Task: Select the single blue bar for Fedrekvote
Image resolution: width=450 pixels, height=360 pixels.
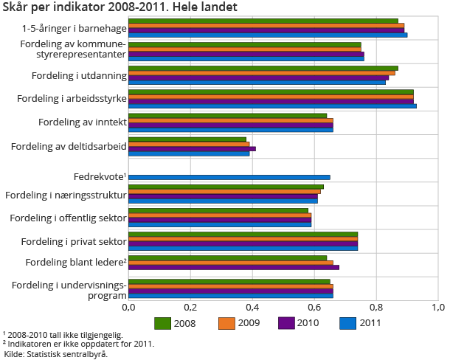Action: tap(229, 177)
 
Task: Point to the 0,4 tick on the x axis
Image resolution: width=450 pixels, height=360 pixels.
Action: tap(252, 307)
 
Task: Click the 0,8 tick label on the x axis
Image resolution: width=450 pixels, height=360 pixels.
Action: tap(376, 307)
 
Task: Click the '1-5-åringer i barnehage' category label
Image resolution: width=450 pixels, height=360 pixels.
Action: tap(74, 28)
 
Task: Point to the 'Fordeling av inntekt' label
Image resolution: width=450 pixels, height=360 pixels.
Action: tap(82, 122)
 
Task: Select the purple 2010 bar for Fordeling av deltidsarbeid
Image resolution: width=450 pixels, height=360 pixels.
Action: tap(192, 148)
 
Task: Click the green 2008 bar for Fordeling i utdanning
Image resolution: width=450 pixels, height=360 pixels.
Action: tap(263, 69)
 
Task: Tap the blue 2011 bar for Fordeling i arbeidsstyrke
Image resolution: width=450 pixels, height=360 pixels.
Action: tap(272, 105)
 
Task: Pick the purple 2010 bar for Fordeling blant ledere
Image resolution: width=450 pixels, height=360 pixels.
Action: tap(234, 267)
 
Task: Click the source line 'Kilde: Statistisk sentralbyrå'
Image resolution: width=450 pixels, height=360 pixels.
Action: tap(56, 355)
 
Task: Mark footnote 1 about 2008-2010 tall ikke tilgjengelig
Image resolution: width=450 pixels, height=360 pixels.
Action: tap(62, 335)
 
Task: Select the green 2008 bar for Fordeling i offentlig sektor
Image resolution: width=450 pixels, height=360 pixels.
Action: tap(218, 210)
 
